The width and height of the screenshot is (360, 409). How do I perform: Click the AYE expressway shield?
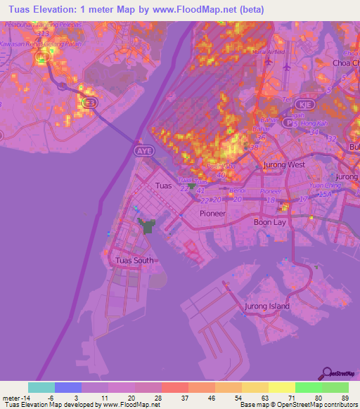coord(143,150)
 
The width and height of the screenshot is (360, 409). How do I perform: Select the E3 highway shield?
coord(89,103)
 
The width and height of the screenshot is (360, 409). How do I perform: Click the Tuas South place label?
coord(133,260)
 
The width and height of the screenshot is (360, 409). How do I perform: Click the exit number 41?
coord(202,190)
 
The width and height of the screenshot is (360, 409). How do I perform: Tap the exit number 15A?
coord(326,194)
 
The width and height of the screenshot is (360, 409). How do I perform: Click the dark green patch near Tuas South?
coord(148,226)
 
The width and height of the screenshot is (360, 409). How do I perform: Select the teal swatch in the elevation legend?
coord(41,387)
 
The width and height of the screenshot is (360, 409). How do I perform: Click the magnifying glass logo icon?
coord(326,374)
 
